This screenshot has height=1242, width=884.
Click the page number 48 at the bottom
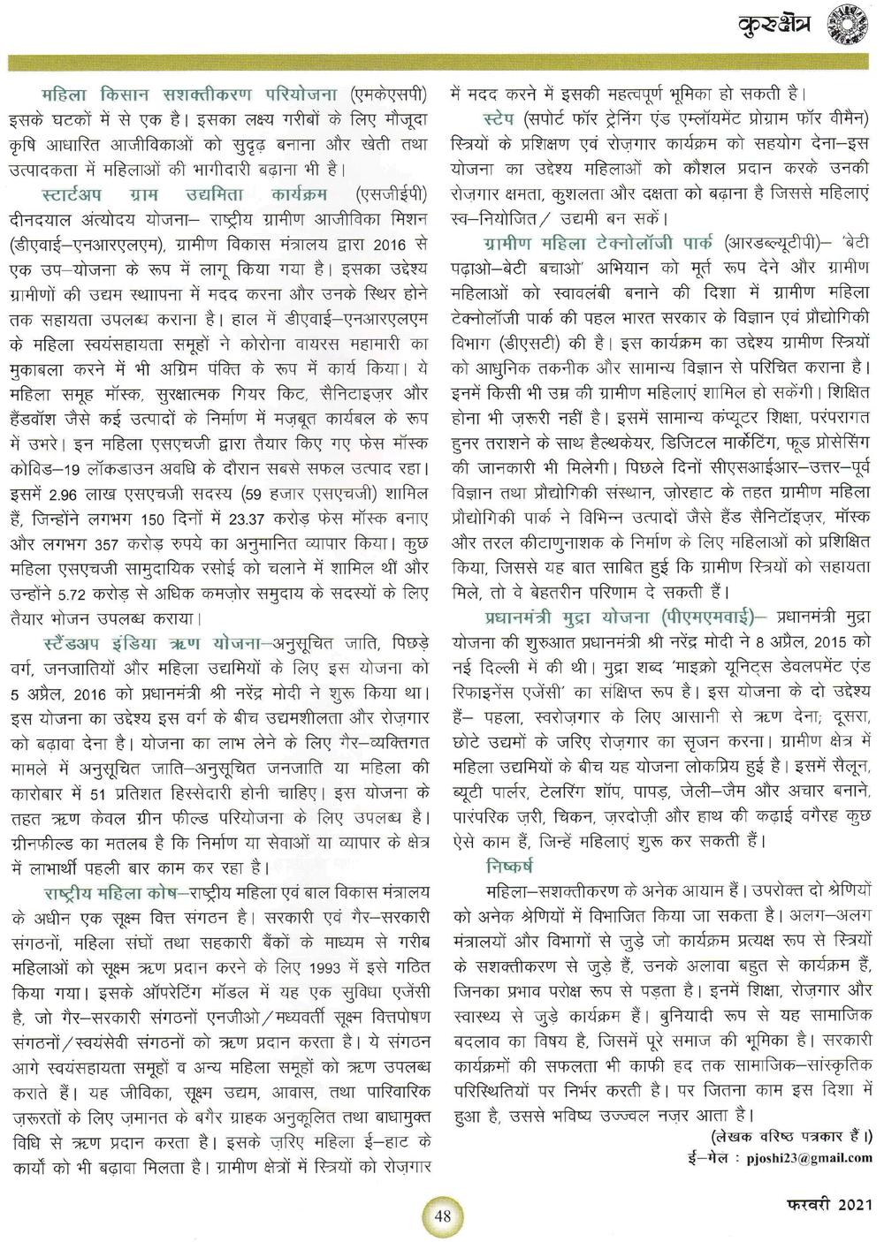443,1215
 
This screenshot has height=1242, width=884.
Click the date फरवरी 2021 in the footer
828,1204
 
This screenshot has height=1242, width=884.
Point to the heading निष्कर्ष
509,866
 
